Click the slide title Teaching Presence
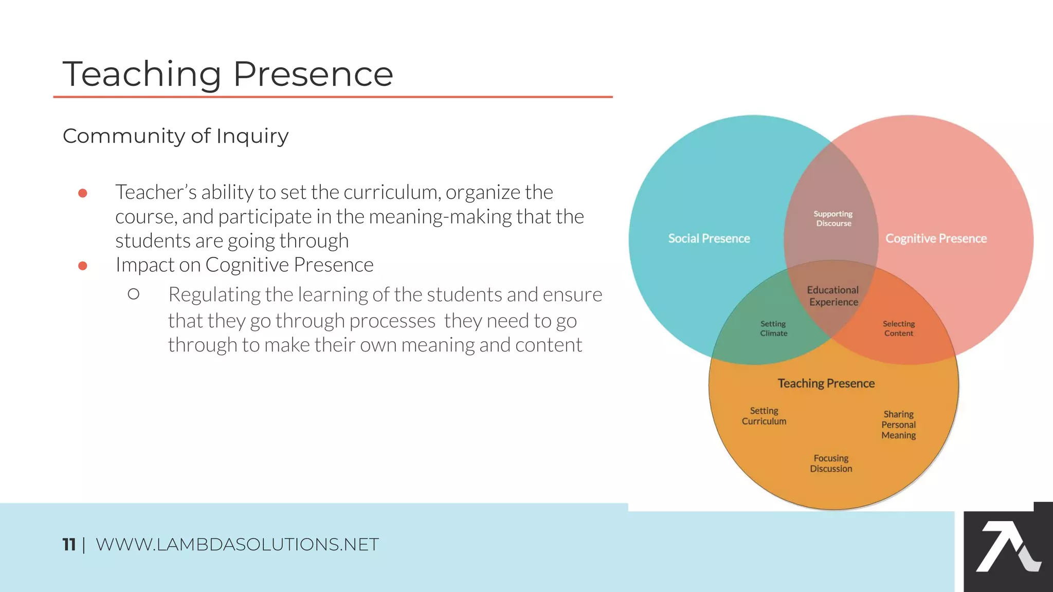tap(228, 74)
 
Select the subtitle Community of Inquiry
tap(175, 136)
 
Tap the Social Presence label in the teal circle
tap(709, 238)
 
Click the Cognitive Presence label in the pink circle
tap(936, 238)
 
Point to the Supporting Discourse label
tap(833, 218)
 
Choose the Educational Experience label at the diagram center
tap(833, 296)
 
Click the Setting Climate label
tap(773, 328)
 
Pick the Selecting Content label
tap(899, 328)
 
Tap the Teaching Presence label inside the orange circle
tap(826, 383)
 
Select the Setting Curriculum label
tap(764, 416)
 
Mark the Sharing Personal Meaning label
tap(899, 424)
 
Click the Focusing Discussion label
tap(831, 464)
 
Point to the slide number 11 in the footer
tap(69, 544)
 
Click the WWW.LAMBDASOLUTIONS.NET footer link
tap(237, 544)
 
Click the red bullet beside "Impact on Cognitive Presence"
tap(83, 266)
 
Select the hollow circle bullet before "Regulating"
tap(134, 294)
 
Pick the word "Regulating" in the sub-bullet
tap(214, 295)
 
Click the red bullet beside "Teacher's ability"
tap(83, 193)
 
